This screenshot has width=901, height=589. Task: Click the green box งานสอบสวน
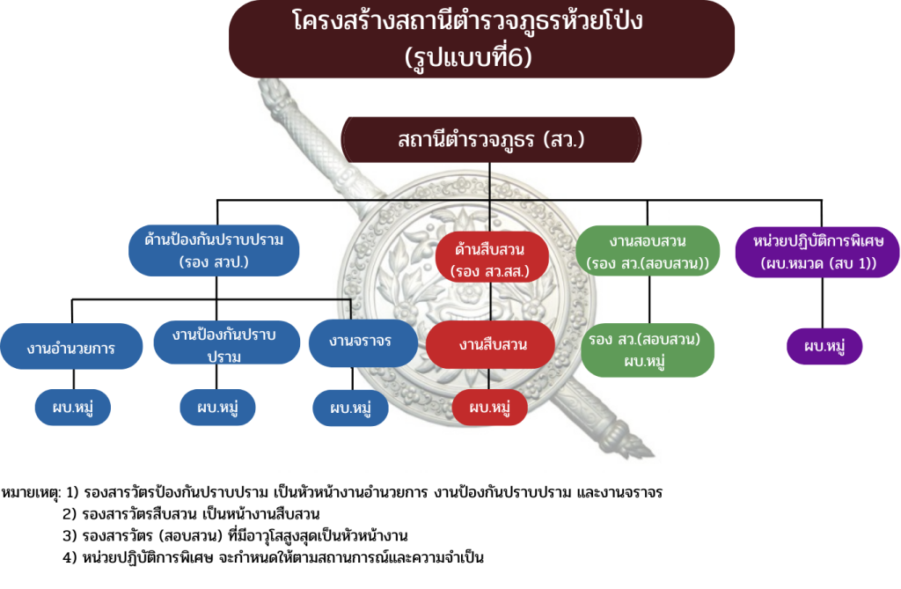(x=648, y=251)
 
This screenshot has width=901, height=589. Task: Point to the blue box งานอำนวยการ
(x=72, y=347)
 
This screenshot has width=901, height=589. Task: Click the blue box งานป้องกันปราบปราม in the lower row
(x=224, y=344)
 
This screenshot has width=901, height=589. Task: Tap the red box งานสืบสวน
(x=492, y=344)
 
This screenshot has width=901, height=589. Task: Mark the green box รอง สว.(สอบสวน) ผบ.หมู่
(x=648, y=350)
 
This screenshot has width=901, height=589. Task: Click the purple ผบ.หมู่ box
(x=824, y=345)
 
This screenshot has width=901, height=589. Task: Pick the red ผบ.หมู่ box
(x=491, y=408)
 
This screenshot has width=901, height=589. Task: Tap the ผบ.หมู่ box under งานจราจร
(x=351, y=408)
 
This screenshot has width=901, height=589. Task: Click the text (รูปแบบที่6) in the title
(x=481, y=58)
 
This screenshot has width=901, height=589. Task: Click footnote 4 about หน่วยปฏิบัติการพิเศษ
(x=274, y=557)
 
